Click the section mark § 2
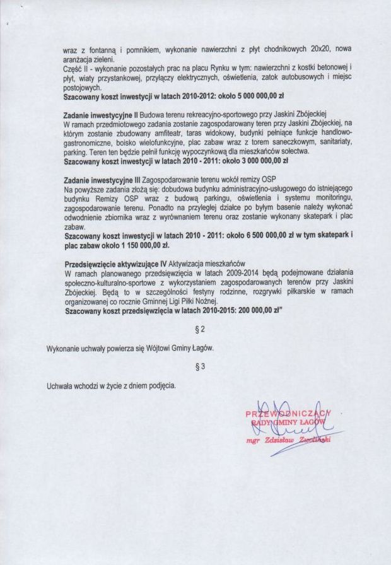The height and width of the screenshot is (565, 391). point(200,329)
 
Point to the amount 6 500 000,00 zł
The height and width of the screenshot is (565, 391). point(275,235)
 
